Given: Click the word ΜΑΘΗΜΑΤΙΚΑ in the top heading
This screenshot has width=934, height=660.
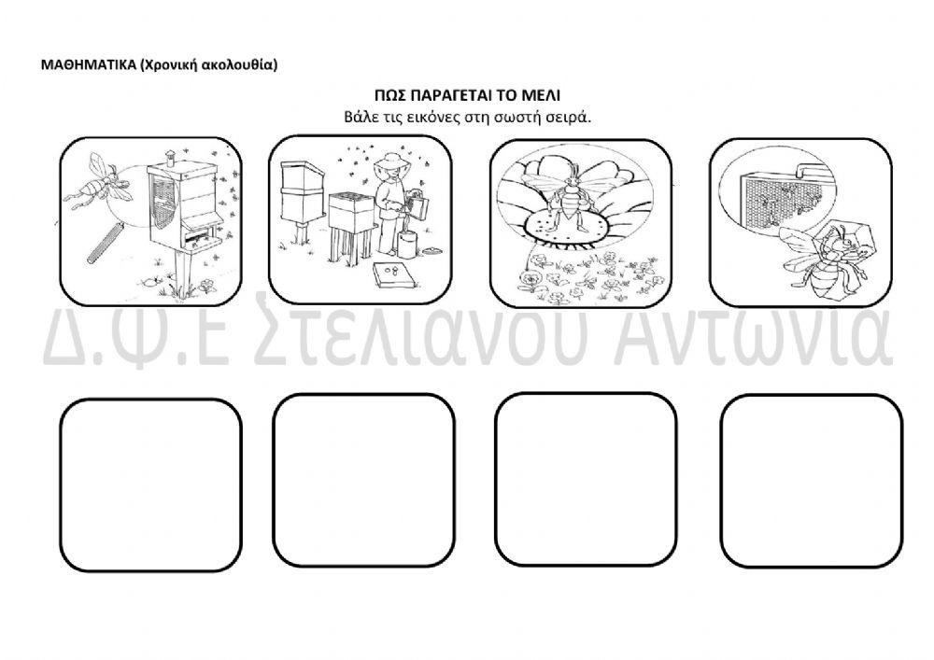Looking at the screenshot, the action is click(88, 64).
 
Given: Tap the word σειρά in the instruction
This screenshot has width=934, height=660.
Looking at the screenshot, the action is click(569, 117).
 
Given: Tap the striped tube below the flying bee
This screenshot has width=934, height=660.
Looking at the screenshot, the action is click(105, 242).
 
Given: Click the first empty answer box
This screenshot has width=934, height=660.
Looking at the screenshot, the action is click(150, 484).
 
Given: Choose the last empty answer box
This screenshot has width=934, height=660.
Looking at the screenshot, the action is click(811, 481).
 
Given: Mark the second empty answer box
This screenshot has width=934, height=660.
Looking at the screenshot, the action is click(363, 480).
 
